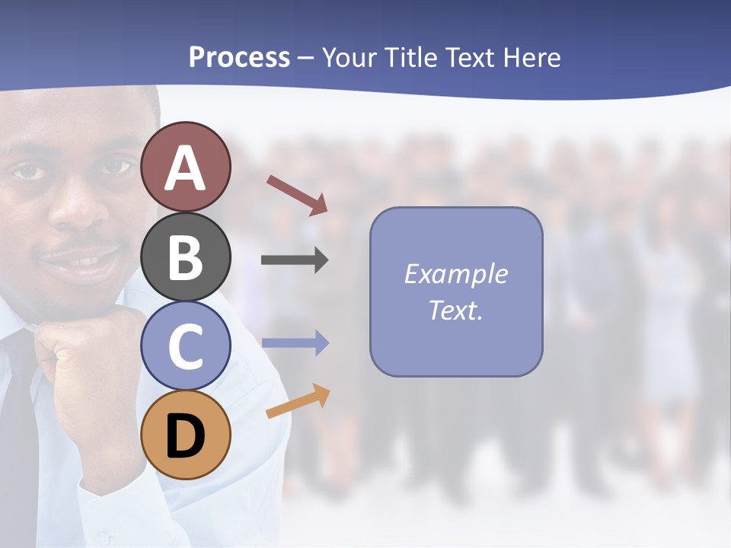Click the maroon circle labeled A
point(186,167)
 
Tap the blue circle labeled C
point(186,346)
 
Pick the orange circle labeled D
point(186,435)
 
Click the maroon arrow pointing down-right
point(297,195)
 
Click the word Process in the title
point(239,58)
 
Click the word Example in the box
point(455,274)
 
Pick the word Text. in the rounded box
point(455,310)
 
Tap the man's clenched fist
point(84,358)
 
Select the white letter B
point(186,256)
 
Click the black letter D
point(186,436)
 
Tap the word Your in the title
point(350,58)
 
